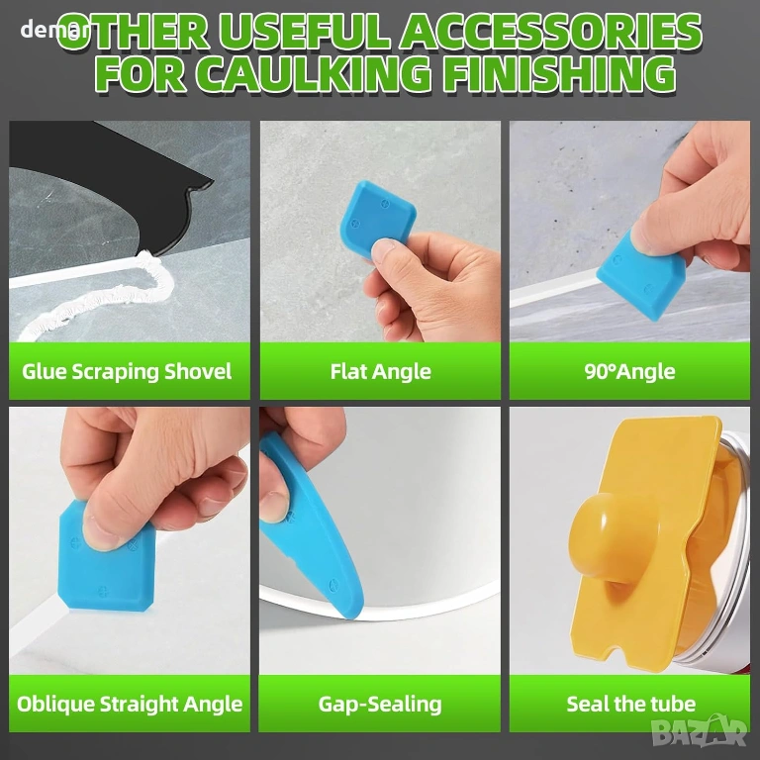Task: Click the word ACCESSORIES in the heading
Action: pyautogui.click(x=550, y=32)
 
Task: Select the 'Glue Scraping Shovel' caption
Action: pyautogui.click(x=127, y=372)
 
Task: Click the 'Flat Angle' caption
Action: pyautogui.click(x=380, y=372)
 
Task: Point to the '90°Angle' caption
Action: pyautogui.click(x=629, y=372)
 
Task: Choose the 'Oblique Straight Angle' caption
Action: pyautogui.click(x=130, y=704)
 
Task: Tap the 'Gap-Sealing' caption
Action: pyautogui.click(x=380, y=705)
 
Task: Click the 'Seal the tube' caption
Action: pyautogui.click(x=631, y=704)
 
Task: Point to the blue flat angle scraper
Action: pyautogui.click(x=378, y=218)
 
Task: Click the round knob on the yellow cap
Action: pyautogui.click(x=601, y=535)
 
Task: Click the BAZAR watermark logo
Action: pyautogui.click(x=699, y=730)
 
